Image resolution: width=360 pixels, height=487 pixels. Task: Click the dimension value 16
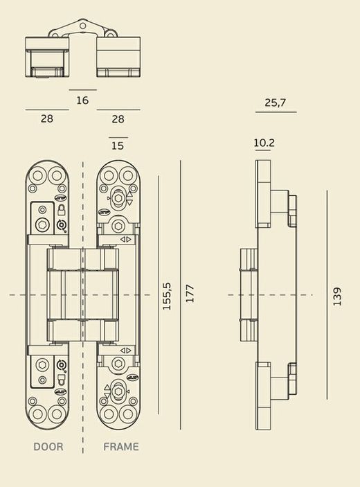pyautogui.click(x=82, y=100)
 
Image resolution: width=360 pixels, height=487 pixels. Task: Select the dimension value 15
pyautogui.click(x=118, y=145)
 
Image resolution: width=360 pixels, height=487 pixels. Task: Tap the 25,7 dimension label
pyautogui.click(x=276, y=103)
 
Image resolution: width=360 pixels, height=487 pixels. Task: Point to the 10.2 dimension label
pyautogui.click(x=264, y=143)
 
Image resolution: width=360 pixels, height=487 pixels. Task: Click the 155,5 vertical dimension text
pyautogui.click(x=167, y=296)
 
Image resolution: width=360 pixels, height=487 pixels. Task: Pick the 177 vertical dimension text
pyautogui.click(x=189, y=293)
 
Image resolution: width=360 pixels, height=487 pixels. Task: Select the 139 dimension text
pyautogui.click(x=337, y=296)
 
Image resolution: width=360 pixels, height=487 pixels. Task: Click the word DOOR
pyautogui.click(x=48, y=447)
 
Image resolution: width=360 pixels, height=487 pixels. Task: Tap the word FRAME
pyautogui.click(x=120, y=447)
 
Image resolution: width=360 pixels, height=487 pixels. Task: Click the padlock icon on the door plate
pyautogui.click(x=61, y=210)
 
